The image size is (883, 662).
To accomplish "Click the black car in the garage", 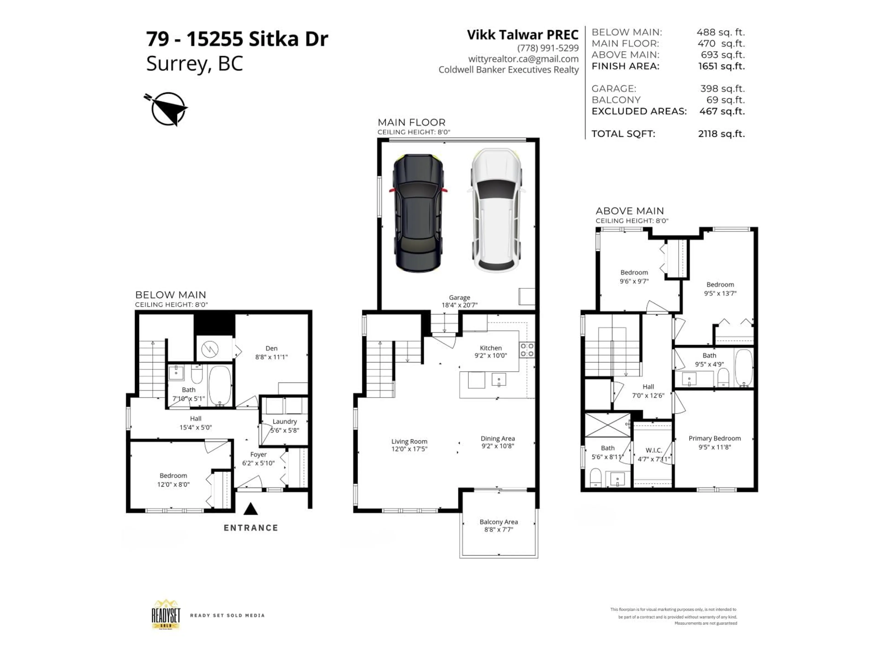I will tap(418, 214).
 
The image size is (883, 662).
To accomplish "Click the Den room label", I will tap(271, 348).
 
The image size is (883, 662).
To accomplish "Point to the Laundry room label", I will tap(285, 421).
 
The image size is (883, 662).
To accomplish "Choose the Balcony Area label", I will tap(499, 522).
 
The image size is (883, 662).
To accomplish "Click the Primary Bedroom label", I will tap(714, 438).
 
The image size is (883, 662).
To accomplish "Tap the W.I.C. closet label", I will tap(654, 450).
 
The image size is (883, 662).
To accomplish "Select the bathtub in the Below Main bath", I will tap(220, 385).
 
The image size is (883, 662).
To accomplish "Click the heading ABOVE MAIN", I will tap(630, 211).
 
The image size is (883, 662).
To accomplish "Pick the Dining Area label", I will tap(497, 439).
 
